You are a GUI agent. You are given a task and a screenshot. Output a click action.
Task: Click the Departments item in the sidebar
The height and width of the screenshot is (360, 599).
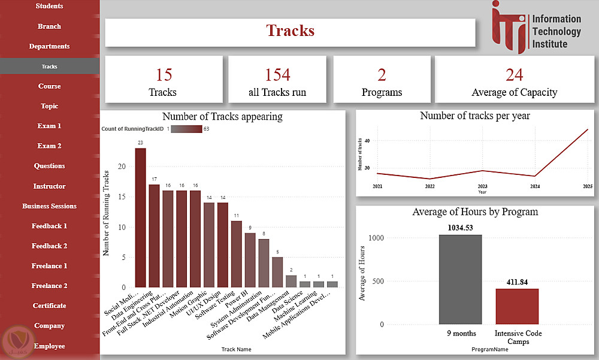click(x=49, y=46)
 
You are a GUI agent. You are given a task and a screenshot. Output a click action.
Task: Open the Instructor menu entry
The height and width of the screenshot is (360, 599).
click(x=49, y=186)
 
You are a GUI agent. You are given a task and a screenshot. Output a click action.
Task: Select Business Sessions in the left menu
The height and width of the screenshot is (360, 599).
click(x=49, y=206)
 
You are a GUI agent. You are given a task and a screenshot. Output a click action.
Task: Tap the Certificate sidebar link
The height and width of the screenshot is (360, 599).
click(x=49, y=305)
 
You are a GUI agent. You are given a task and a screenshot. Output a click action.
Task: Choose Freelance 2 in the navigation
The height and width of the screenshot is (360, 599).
click(x=49, y=286)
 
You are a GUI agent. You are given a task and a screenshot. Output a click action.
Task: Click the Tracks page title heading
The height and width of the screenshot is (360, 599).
click(x=290, y=31)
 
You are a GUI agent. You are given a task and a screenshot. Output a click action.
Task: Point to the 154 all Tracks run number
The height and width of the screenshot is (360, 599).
click(x=277, y=75)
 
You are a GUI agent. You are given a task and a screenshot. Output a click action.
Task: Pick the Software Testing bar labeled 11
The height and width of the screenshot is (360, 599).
click(x=237, y=254)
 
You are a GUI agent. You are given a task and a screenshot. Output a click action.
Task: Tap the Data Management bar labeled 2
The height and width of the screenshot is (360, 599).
click(x=291, y=281)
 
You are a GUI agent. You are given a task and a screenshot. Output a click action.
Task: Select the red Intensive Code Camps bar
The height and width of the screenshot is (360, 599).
click(x=517, y=306)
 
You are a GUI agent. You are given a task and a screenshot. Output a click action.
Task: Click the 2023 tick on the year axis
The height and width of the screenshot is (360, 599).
click(x=483, y=187)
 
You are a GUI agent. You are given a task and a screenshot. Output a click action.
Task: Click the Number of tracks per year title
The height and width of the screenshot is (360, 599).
click(x=475, y=116)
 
